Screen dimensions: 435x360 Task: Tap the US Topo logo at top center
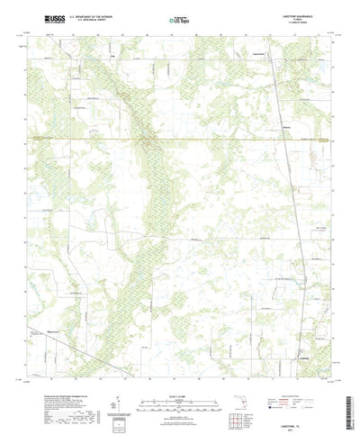[x=178, y=19]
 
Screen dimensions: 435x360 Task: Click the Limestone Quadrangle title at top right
[x=297, y=15]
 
